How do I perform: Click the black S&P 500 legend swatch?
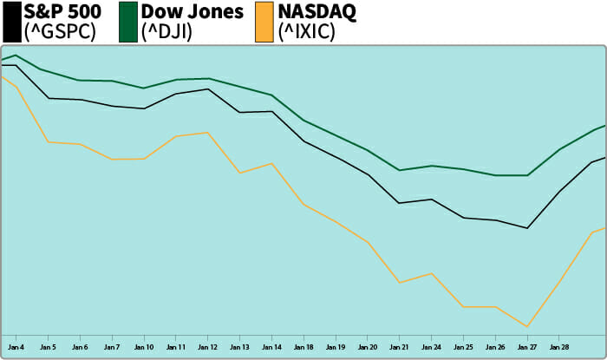[10, 22]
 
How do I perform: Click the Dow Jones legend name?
[192, 13]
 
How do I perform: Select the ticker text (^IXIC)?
[305, 33]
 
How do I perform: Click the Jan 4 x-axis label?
[16, 347]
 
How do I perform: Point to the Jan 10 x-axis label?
[144, 347]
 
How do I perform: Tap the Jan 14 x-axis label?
[272, 347]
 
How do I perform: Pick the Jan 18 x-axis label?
[304, 347]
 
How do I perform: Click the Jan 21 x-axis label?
[399, 347]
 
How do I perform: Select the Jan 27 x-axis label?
[527, 347]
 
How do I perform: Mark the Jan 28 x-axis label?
[559, 347]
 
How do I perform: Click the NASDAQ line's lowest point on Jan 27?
[527, 327]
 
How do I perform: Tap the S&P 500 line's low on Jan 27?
[527, 228]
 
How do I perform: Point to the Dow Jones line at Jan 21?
[399, 170]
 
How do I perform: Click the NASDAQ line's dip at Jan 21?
[399, 283]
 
